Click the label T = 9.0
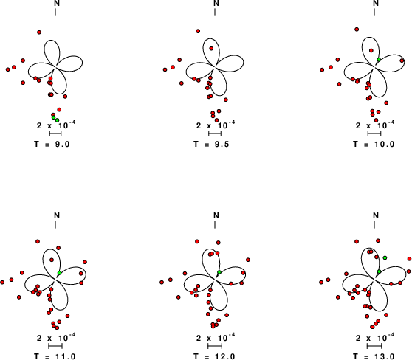point(52,144)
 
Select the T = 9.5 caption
point(211,144)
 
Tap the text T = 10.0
point(374,144)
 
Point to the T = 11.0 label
point(55,356)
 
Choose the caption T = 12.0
point(214,356)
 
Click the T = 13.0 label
point(374,356)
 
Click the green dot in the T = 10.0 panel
point(379,60)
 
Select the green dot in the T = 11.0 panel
point(59,273)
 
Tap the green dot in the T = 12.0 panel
point(219,272)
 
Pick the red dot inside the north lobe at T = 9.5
point(211,48)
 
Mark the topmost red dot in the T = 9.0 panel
point(39,32)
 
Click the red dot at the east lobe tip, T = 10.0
point(402,60)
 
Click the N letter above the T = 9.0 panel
point(57,3)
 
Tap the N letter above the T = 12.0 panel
point(216,215)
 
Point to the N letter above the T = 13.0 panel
point(376,215)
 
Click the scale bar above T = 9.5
point(215,134)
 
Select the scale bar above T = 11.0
point(55,346)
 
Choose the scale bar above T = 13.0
point(374,346)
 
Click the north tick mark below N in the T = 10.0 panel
point(374,13)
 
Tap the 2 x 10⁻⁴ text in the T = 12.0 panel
point(216,337)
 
